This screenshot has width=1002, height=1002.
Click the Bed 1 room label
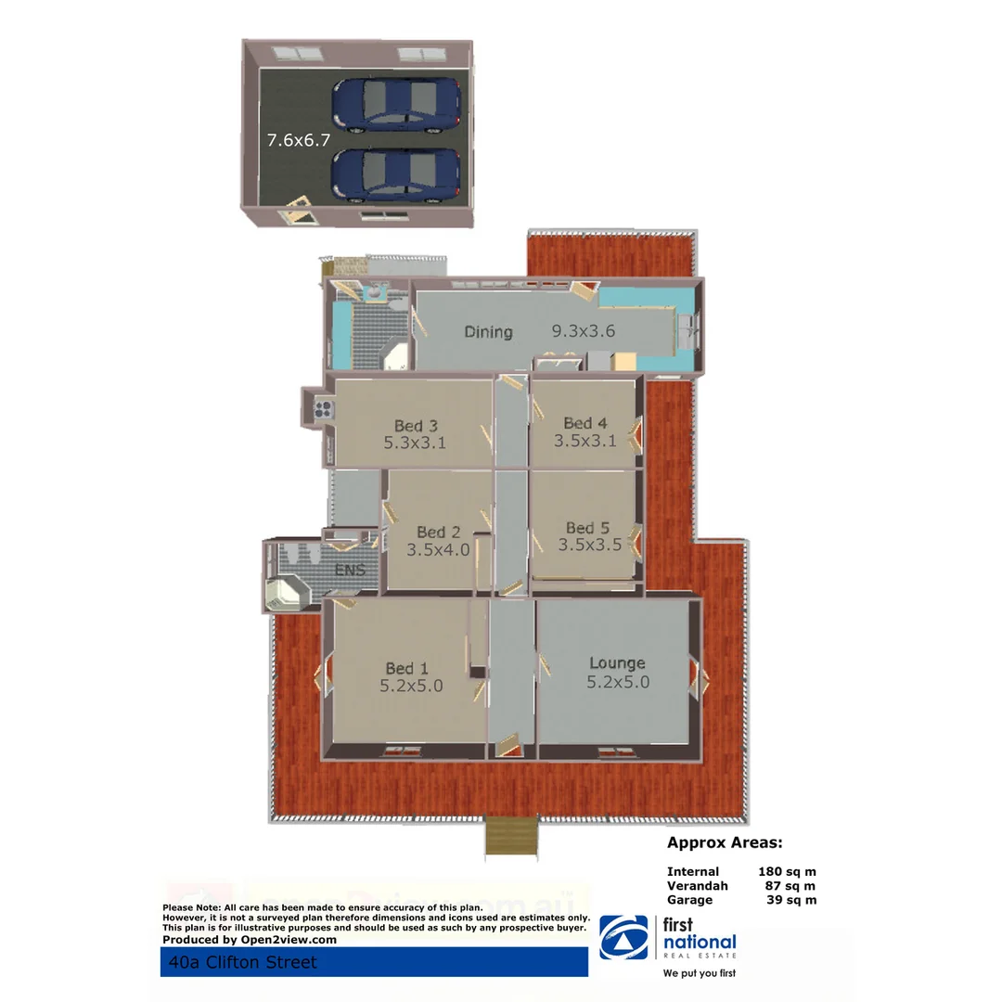(406, 668)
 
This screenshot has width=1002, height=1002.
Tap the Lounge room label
(617, 663)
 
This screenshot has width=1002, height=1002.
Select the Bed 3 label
(415, 426)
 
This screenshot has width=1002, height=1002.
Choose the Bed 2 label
(438, 532)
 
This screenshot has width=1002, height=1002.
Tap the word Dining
(488, 331)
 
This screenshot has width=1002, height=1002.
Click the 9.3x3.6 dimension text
(584, 331)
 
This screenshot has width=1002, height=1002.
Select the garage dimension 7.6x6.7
(299, 141)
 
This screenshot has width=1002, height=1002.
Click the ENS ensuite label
(350, 570)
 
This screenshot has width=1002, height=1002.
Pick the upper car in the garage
(396, 104)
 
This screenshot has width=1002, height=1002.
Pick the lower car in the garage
(396, 174)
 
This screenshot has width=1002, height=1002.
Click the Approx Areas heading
(725, 843)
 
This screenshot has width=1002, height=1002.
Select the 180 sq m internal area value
(787, 871)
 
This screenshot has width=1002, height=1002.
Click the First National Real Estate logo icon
(623, 937)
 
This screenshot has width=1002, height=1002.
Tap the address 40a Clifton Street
(238, 962)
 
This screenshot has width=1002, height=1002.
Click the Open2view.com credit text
(250, 939)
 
